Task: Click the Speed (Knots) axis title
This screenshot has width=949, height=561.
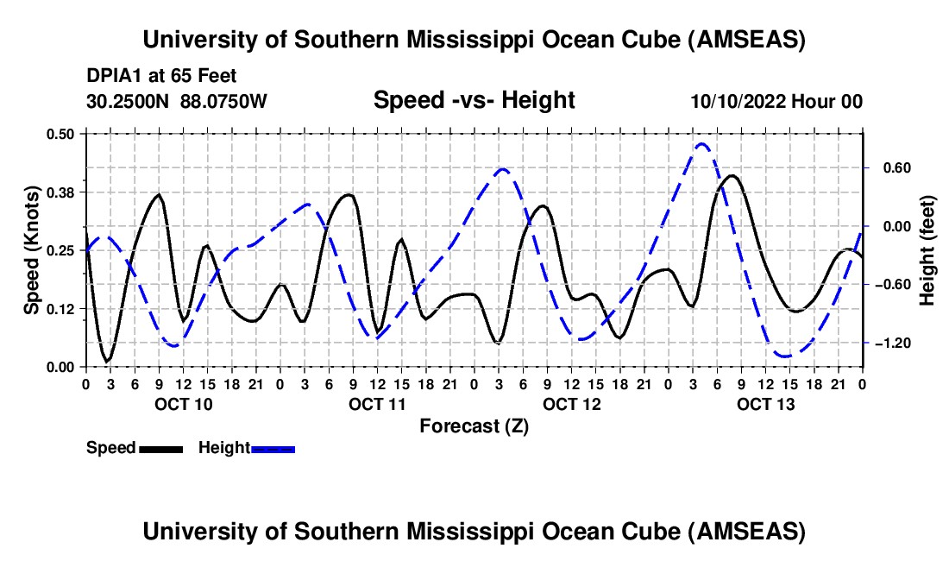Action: (31, 249)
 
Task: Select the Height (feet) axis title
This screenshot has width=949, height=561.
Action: (928, 249)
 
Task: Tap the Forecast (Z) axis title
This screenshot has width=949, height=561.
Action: (473, 425)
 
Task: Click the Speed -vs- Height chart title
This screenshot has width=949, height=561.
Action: (474, 101)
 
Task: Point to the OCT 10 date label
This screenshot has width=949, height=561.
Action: (183, 404)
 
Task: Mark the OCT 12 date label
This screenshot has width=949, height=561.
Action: (571, 404)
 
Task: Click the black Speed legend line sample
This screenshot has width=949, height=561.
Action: (160, 449)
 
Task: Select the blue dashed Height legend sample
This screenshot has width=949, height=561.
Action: (273, 449)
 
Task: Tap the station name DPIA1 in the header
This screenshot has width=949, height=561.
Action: (112, 77)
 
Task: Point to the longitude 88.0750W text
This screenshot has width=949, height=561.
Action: (224, 102)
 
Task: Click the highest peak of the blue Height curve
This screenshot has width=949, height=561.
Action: (701, 144)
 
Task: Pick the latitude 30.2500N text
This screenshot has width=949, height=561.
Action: (129, 102)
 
